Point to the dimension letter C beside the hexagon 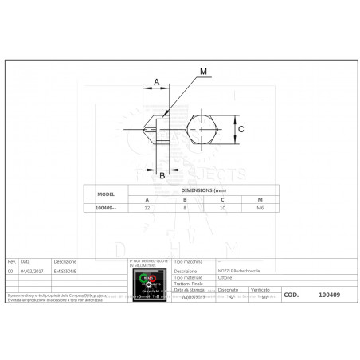[251, 127]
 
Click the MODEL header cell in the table [105, 194]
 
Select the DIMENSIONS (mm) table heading [204, 190]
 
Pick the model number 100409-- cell [105, 207]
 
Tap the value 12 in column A [147, 207]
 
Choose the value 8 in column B [186, 207]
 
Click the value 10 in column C [223, 207]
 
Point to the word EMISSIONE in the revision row [66, 271]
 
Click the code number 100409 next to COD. [329, 293]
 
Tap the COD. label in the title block [291, 293]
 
